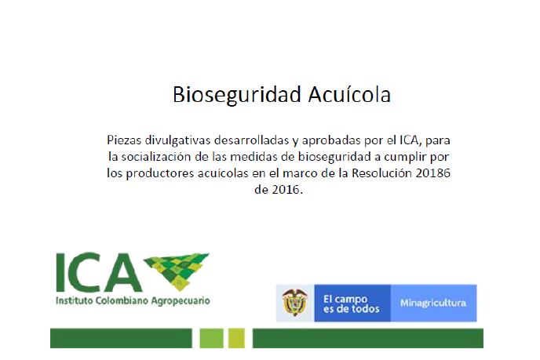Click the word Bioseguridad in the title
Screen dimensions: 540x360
pyautogui.click(x=237, y=95)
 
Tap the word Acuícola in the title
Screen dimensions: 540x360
pyautogui.click(x=349, y=94)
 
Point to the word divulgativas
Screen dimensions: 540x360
pyautogui.click(x=177, y=140)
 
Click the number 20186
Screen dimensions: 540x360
pyautogui.click(x=433, y=173)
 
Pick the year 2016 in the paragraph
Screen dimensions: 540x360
pyautogui.click(x=286, y=189)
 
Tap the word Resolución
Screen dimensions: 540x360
pyautogui.click(x=381, y=173)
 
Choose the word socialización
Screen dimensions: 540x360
pyautogui.click(x=156, y=157)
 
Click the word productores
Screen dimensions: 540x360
pyautogui.click(x=160, y=173)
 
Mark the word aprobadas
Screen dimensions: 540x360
pyautogui.click(x=329, y=140)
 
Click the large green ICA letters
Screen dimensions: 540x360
pyautogui.click(x=99, y=273)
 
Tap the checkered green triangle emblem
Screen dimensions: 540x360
pyautogui.click(x=177, y=271)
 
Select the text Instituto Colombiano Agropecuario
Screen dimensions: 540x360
pyautogui.click(x=133, y=300)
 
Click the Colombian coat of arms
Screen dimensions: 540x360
pyautogui.click(x=294, y=303)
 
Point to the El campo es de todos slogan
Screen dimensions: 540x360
pyautogui.click(x=352, y=304)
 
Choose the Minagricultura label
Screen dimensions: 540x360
pyautogui.click(x=433, y=303)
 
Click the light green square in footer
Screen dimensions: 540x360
pyautogui.click(x=211, y=338)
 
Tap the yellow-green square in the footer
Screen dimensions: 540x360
pyautogui.click(x=236, y=338)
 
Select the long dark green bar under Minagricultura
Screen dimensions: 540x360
pyautogui.click(x=368, y=338)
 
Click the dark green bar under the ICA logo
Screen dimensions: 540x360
pyautogui.click(x=121, y=338)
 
